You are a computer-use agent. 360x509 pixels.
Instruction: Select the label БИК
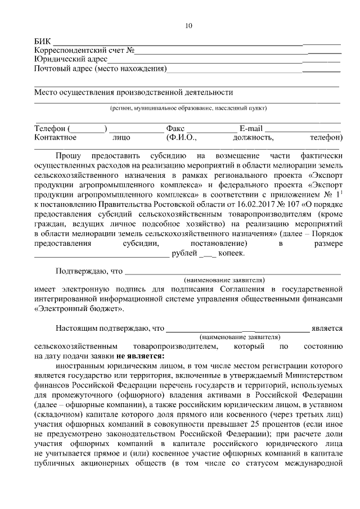42,42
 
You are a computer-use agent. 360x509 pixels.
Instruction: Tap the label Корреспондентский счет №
84,51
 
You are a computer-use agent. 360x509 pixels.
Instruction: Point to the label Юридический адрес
70,60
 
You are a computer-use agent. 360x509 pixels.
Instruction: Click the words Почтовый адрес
63,69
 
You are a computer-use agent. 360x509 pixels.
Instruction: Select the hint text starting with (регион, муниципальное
188,108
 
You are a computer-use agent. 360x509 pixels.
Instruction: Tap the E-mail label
251,128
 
